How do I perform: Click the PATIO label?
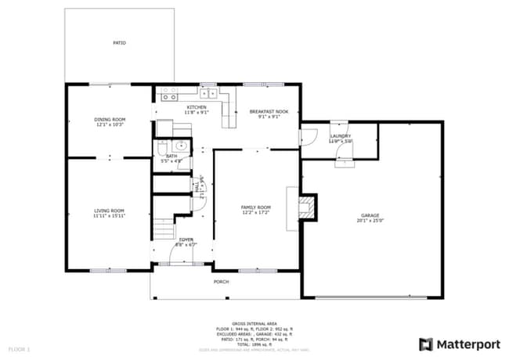coord(119,43)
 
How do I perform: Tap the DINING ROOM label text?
coord(110,119)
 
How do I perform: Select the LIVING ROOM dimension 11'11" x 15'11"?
coord(110,215)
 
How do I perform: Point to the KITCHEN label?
coord(196,107)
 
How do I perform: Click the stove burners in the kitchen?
coord(168,94)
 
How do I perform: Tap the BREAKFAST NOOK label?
coord(269,112)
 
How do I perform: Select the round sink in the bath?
coord(180,145)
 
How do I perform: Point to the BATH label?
coord(171,156)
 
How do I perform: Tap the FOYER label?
coord(186,239)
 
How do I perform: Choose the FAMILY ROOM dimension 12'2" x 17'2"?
coord(255,212)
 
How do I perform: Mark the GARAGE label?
coord(370,215)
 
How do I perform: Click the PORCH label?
coord(222,282)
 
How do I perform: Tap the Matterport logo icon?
coord(425,344)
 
